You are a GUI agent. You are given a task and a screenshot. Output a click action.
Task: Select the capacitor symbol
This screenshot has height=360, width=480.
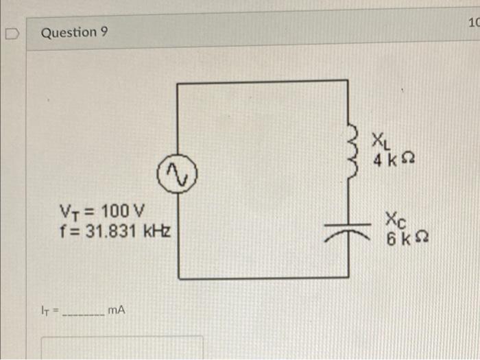pyautogui.click(x=348, y=232)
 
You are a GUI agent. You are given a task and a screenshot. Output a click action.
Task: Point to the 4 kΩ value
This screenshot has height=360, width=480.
pyautogui.click(x=394, y=160)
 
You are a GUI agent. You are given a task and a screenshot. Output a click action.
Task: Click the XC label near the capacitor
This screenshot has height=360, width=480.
pyautogui.click(x=396, y=220)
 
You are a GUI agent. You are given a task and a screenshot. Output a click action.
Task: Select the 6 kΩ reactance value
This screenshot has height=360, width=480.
pyautogui.click(x=407, y=239)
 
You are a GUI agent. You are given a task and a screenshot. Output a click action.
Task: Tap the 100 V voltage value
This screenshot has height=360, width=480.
pyautogui.click(x=123, y=211)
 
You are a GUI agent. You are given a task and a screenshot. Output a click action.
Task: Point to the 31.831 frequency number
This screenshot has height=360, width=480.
pyautogui.click(x=110, y=231)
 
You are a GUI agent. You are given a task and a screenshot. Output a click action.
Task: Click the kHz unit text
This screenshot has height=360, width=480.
pyautogui.click(x=157, y=231)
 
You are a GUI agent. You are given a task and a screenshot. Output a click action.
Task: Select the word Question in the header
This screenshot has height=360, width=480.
pyautogui.click(x=69, y=32)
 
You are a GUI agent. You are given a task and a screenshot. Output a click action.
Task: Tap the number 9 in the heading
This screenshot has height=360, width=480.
pyautogui.click(x=104, y=32)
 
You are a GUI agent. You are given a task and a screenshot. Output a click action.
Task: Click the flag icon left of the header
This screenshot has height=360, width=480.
pyautogui.click(x=12, y=34)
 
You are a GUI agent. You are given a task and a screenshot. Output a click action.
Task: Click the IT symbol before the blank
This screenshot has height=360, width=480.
pyautogui.click(x=45, y=311)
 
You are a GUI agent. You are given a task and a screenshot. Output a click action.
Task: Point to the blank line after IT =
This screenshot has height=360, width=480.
pyautogui.click(x=83, y=315)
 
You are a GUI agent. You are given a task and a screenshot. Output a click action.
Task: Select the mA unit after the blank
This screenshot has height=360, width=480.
pyautogui.click(x=117, y=311)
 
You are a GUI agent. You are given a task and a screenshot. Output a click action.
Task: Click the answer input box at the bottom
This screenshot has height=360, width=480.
pyautogui.click(x=122, y=348)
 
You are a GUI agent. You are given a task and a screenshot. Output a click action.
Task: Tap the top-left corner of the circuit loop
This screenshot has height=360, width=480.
pyautogui.click(x=177, y=83)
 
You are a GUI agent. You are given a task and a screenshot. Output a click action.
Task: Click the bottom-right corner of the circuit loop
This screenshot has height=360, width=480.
pyautogui.click(x=348, y=277)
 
